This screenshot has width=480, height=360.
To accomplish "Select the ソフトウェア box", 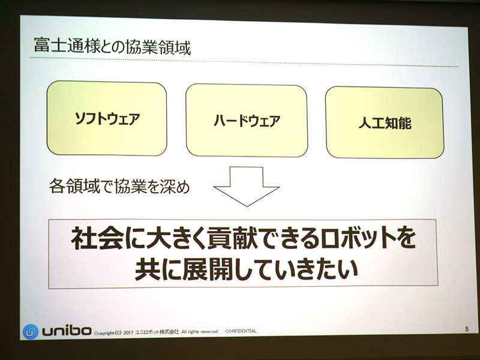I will tap(107, 118).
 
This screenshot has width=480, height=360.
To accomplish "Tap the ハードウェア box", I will tap(247, 121).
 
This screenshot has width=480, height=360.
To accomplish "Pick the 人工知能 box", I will tap(384, 123).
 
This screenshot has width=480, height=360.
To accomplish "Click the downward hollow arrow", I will tap(247, 186).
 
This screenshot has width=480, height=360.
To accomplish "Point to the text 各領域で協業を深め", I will tap(119, 187).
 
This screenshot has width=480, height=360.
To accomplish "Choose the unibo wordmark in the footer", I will tap(66, 331).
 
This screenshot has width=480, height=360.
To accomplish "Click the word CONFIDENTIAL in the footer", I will tap(241, 331).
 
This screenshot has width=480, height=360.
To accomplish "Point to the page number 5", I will tap(466, 329).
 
